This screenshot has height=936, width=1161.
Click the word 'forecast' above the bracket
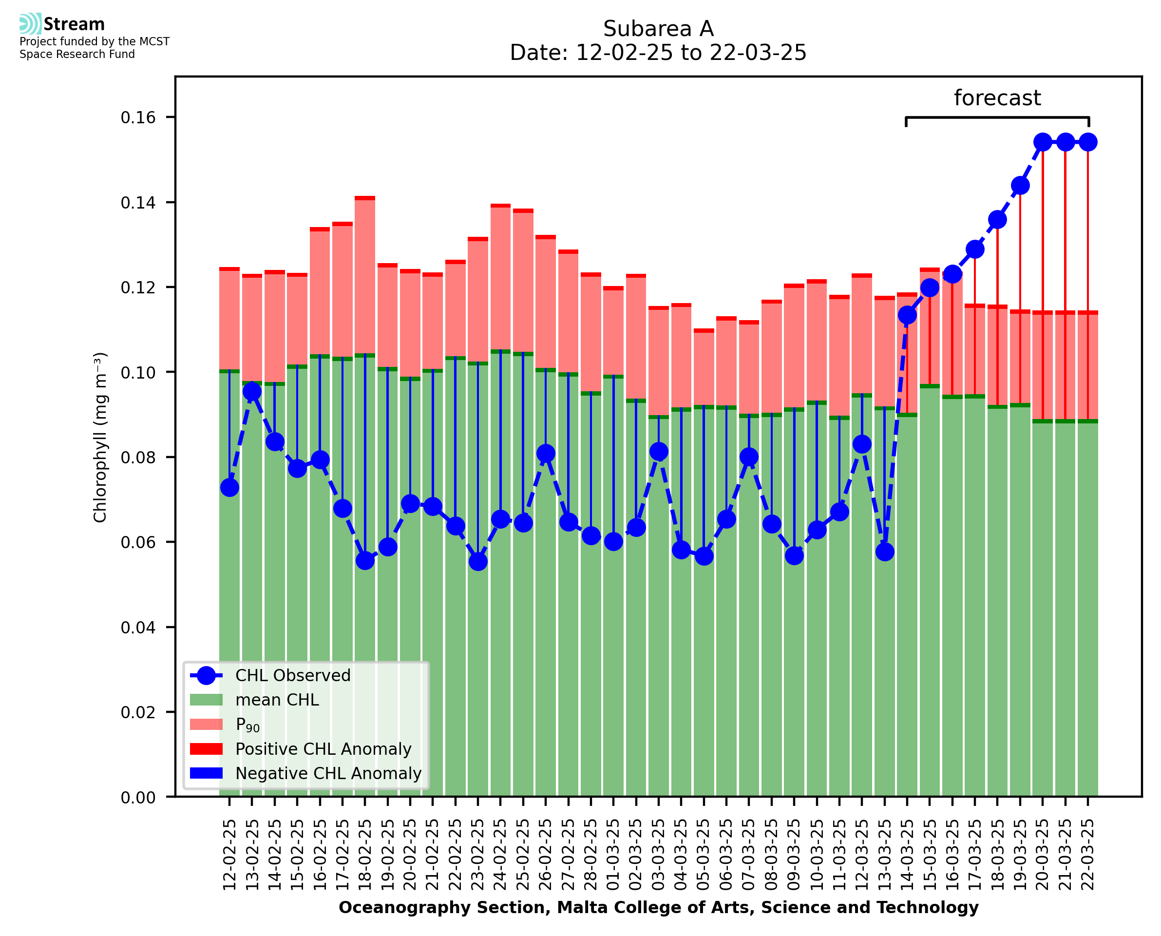pos(997,98)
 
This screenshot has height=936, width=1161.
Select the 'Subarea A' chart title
pos(658,29)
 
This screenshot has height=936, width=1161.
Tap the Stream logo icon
pos(30,24)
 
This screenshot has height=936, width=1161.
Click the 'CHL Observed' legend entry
pos(293,676)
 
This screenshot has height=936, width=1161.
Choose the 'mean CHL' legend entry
pos(277,700)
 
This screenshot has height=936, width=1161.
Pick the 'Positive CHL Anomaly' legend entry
pos(323,749)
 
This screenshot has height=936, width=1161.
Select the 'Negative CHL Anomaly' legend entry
pos(328,773)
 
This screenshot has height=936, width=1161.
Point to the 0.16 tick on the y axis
pos(138,117)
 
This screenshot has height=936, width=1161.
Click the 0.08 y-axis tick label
pos(138,457)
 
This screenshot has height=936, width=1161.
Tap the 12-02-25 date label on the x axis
pos(229,855)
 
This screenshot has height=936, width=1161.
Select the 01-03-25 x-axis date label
pos(613,855)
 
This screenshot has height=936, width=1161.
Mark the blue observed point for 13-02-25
pos(252,391)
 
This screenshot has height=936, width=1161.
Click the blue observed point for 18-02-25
pos(365,561)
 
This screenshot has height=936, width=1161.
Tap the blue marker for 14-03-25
pos(907,315)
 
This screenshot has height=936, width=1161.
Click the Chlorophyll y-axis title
pos(100,437)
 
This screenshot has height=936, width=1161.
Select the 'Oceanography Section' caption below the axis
pos(658,907)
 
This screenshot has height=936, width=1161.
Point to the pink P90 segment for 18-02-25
pos(365,277)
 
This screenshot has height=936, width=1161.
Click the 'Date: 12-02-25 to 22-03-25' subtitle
pos(658,53)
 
